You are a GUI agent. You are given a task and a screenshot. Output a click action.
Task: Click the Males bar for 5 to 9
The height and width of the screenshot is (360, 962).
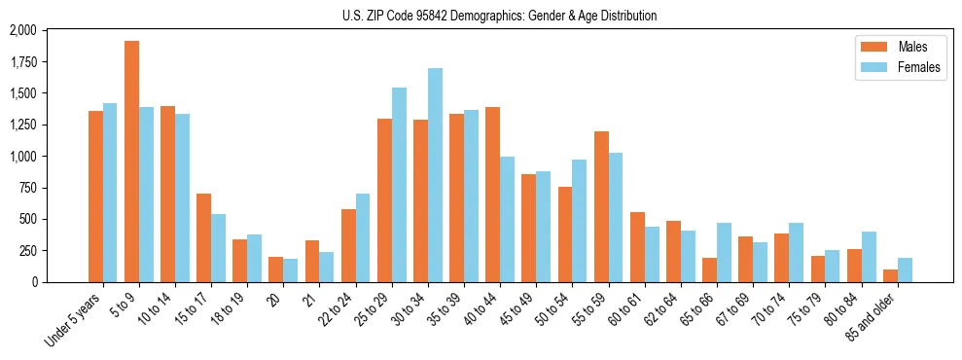[131, 162]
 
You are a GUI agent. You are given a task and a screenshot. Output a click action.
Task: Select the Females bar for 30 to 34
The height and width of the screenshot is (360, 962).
[435, 175]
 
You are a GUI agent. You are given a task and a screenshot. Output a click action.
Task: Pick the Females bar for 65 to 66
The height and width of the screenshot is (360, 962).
[724, 252]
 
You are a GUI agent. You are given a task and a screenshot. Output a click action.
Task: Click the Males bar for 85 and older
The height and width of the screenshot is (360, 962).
[890, 275]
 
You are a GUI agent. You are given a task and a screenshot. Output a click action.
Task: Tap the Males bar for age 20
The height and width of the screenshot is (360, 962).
[276, 270]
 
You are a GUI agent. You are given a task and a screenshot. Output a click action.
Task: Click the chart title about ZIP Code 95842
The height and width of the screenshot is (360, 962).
[499, 16]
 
